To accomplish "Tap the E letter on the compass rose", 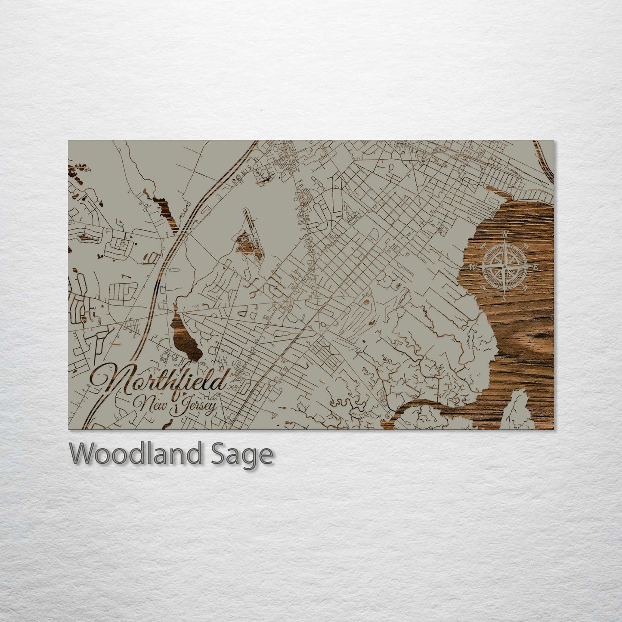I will pos(536,267).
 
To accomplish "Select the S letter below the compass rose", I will pos(504,298).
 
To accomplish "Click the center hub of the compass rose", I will pos(504,266).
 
